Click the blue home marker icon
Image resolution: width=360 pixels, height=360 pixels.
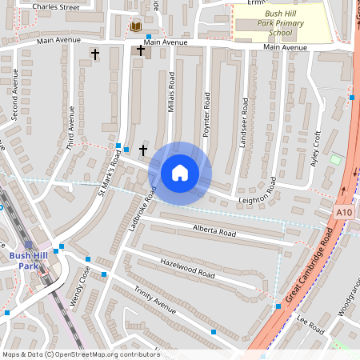(180, 173)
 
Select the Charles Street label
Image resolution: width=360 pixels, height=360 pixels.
(57, 6)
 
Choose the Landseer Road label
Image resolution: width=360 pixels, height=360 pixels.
(245, 122)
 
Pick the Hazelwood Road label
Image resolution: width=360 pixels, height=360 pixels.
(188, 267)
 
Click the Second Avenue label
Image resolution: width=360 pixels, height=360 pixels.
(15, 99)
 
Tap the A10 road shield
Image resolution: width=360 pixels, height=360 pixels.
(344, 212)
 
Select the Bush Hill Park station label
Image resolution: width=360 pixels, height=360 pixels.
(29, 260)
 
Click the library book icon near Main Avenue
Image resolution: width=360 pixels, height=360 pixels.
(136, 26)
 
